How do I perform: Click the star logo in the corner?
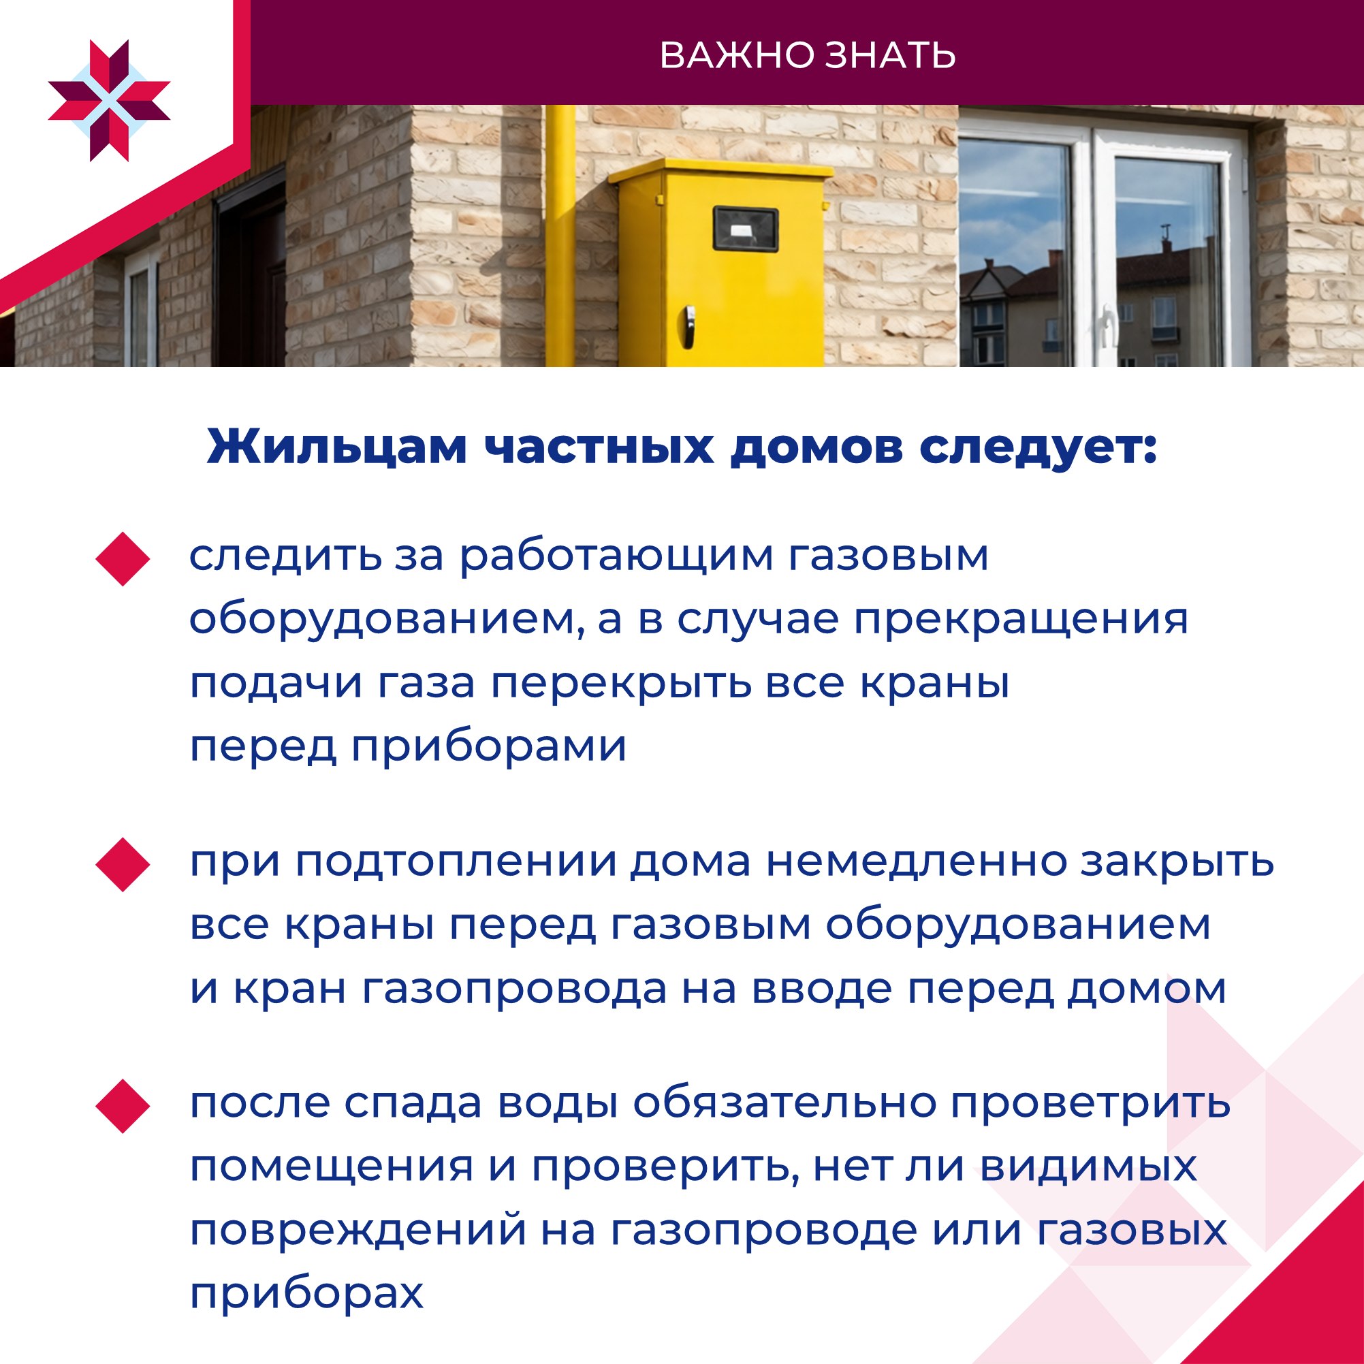[110, 101]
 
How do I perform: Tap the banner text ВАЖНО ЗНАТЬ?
[807, 56]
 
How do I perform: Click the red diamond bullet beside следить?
[123, 559]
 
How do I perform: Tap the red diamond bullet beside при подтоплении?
[123, 865]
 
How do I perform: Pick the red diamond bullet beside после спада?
[123, 1107]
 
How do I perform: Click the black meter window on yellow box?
[746, 229]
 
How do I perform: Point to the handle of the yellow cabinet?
[688, 321]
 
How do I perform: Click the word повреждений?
[358, 1231]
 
